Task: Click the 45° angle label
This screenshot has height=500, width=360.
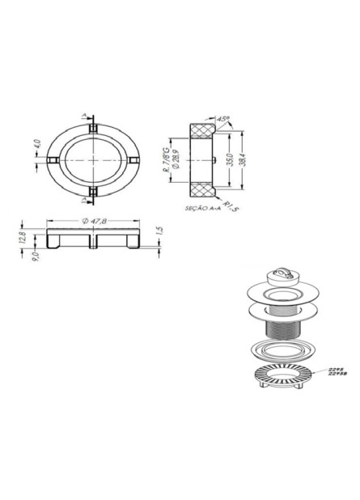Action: pyautogui.click(x=223, y=119)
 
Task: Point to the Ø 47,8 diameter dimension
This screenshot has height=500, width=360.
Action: pyautogui.click(x=94, y=221)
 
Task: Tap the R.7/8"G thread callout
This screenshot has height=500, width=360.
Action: pyautogui.click(x=166, y=159)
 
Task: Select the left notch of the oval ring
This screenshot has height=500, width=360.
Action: pyautogui.click(x=51, y=159)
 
